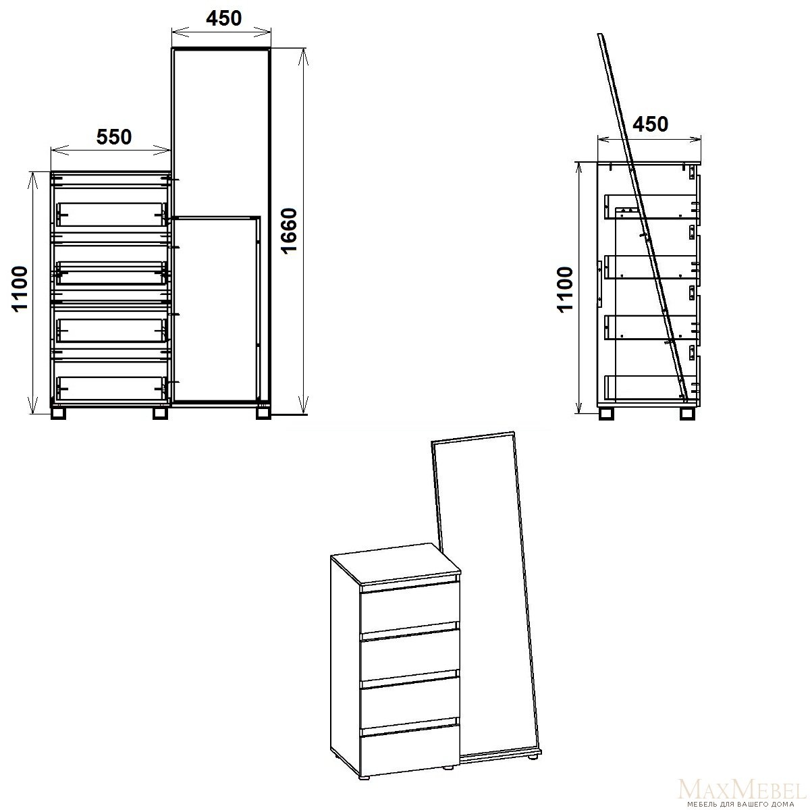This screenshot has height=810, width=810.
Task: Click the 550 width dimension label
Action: [114, 137]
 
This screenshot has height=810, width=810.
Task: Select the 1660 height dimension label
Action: [289, 231]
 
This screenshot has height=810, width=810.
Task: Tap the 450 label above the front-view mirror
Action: [223, 18]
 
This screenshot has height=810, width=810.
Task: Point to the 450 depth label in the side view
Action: [650, 124]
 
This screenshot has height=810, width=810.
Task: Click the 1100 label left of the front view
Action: [20, 289]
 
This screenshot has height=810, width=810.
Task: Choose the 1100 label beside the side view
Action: [565, 289]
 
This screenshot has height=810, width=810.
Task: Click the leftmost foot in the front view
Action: [59, 413]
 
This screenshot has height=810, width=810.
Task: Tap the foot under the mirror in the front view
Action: [263, 413]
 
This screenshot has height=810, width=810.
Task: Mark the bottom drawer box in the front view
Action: [111, 388]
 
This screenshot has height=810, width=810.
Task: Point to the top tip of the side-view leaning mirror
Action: [599, 34]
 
